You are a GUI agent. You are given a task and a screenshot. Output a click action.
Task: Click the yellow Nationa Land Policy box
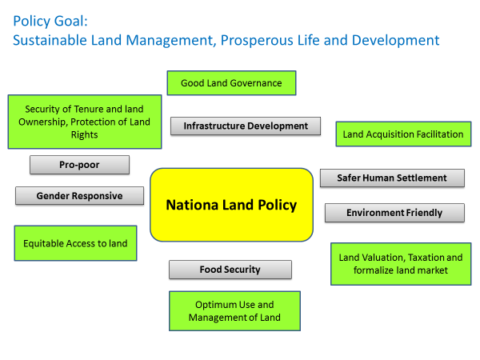click(x=231, y=205)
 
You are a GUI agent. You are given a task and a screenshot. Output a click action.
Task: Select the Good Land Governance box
click(x=231, y=83)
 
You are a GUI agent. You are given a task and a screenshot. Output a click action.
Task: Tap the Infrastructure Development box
click(x=246, y=126)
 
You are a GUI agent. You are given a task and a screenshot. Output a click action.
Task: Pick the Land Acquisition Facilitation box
click(x=403, y=134)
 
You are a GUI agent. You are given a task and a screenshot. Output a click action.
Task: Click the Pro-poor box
click(x=79, y=165)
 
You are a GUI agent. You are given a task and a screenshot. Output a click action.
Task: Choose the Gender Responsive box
click(x=79, y=196)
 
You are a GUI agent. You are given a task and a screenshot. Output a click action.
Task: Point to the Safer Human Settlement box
click(x=392, y=178)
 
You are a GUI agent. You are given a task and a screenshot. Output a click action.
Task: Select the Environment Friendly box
click(x=394, y=213)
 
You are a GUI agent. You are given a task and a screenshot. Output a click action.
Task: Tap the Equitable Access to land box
click(x=76, y=243)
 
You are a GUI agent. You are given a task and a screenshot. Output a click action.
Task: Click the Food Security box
click(x=230, y=270)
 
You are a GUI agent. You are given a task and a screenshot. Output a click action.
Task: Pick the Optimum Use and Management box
click(x=234, y=311)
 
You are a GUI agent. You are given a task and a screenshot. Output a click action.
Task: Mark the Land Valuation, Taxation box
click(x=401, y=264)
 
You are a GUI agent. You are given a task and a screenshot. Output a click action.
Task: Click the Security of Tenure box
click(x=85, y=122)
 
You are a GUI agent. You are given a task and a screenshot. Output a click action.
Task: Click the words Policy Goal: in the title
click(x=50, y=21)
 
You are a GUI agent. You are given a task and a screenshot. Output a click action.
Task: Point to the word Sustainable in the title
click(x=50, y=40)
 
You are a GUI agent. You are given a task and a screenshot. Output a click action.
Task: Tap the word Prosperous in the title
click(x=257, y=41)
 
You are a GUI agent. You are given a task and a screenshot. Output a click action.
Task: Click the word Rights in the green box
click(x=85, y=135)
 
